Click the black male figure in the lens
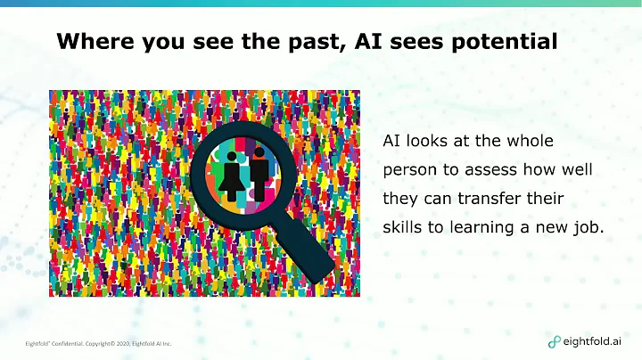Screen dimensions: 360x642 point(259,168)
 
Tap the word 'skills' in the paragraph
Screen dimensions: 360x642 point(400,226)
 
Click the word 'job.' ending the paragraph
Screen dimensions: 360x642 point(588,226)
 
